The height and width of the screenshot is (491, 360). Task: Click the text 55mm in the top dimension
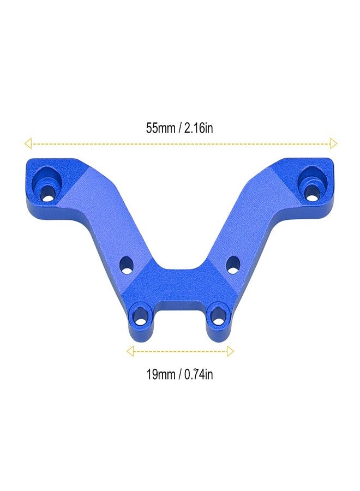coord(160,128)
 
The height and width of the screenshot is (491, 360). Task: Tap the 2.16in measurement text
coord(199,128)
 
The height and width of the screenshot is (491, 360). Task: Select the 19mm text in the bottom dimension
coord(160,374)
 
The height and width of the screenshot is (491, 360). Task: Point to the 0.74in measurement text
coord(199,374)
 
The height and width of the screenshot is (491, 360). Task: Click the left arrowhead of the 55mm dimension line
coord(28,143)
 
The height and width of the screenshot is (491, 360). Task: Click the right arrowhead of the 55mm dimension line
coord(333,143)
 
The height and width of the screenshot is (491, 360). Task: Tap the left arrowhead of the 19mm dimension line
coord(130,351)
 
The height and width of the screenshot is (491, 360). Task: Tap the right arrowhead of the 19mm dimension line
coord(230,351)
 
